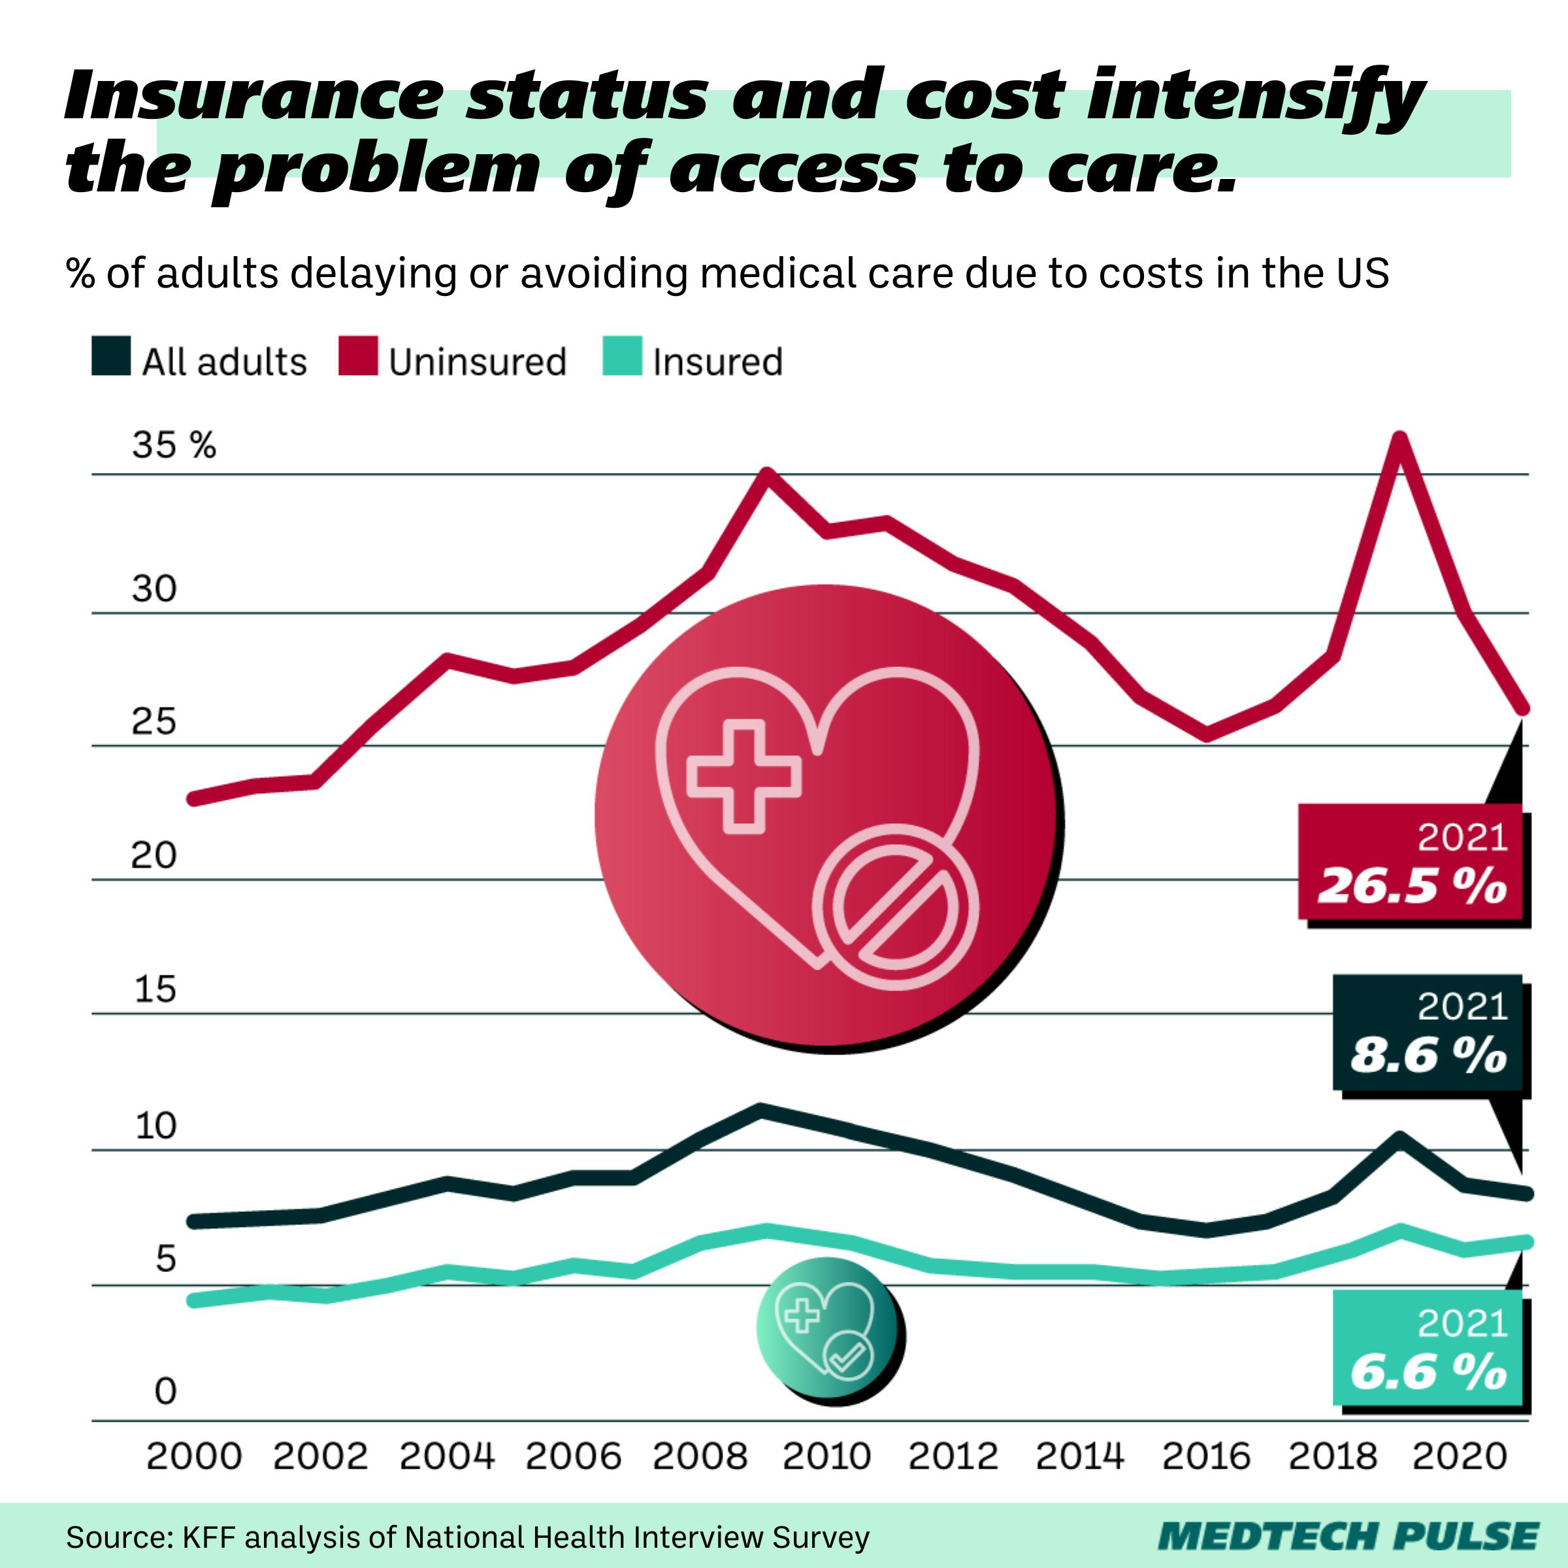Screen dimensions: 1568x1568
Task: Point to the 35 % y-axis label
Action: click(174, 446)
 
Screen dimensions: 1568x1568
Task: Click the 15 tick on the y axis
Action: click(154, 989)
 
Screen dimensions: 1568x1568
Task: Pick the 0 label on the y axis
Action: click(165, 1391)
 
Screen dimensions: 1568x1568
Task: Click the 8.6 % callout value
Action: click(1428, 1056)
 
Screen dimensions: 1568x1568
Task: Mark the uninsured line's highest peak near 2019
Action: click(1400, 438)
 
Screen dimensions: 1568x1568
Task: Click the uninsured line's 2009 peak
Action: click(767, 473)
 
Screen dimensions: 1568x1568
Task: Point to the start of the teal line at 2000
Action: click(193, 1300)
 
